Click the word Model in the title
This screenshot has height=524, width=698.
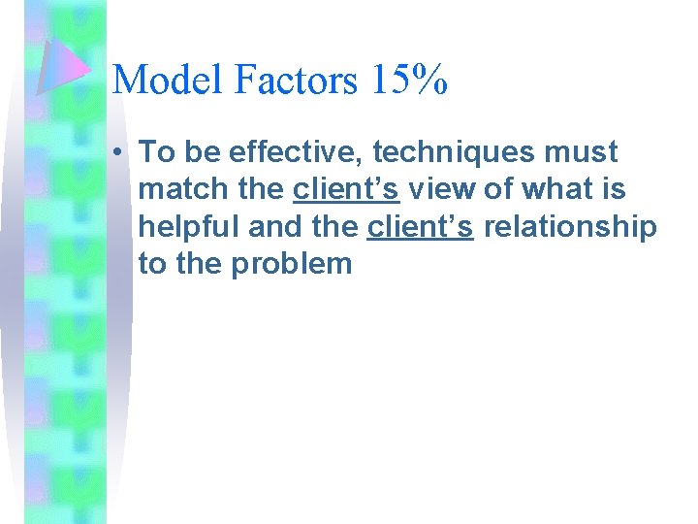point(168,80)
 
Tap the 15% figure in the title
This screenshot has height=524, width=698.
point(407,80)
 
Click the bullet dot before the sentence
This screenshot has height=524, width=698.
point(116,152)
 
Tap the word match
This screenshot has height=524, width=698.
point(184,189)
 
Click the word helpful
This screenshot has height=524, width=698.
point(189,226)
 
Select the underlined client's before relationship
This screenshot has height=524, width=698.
point(420,226)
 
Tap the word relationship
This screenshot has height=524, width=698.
point(569,226)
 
